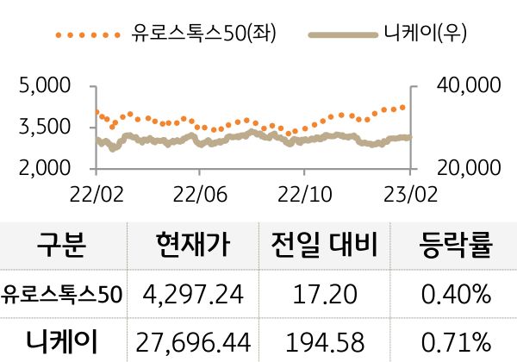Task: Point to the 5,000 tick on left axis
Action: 44,86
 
